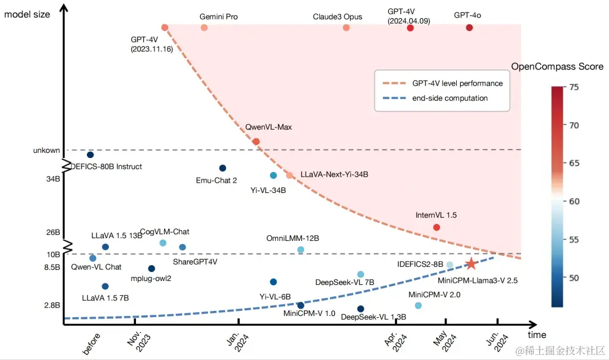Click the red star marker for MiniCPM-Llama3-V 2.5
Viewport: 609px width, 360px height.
(x=471, y=264)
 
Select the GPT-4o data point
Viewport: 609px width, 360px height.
(x=469, y=28)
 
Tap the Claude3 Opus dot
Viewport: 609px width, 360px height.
(x=346, y=28)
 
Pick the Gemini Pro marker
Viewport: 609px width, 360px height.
(x=204, y=28)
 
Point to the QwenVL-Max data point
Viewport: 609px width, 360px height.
(x=256, y=142)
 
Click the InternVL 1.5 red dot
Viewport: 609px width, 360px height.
(x=436, y=227)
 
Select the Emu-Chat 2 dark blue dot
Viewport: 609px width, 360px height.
(x=223, y=168)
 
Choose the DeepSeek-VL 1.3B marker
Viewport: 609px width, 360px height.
(x=361, y=309)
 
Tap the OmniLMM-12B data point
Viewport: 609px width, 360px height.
(x=301, y=249)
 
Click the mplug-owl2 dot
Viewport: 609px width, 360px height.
(x=151, y=269)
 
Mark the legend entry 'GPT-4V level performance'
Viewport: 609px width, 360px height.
(x=457, y=84)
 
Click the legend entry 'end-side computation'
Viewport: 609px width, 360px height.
(x=449, y=98)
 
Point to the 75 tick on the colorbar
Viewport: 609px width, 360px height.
(x=574, y=87)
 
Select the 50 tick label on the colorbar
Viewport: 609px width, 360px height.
(x=574, y=278)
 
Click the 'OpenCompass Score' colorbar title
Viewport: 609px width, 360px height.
(x=557, y=67)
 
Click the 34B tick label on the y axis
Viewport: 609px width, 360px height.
(x=53, y=179)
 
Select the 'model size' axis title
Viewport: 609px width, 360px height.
(x=27, y=14)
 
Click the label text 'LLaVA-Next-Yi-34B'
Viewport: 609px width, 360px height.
(x=334, y=175)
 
